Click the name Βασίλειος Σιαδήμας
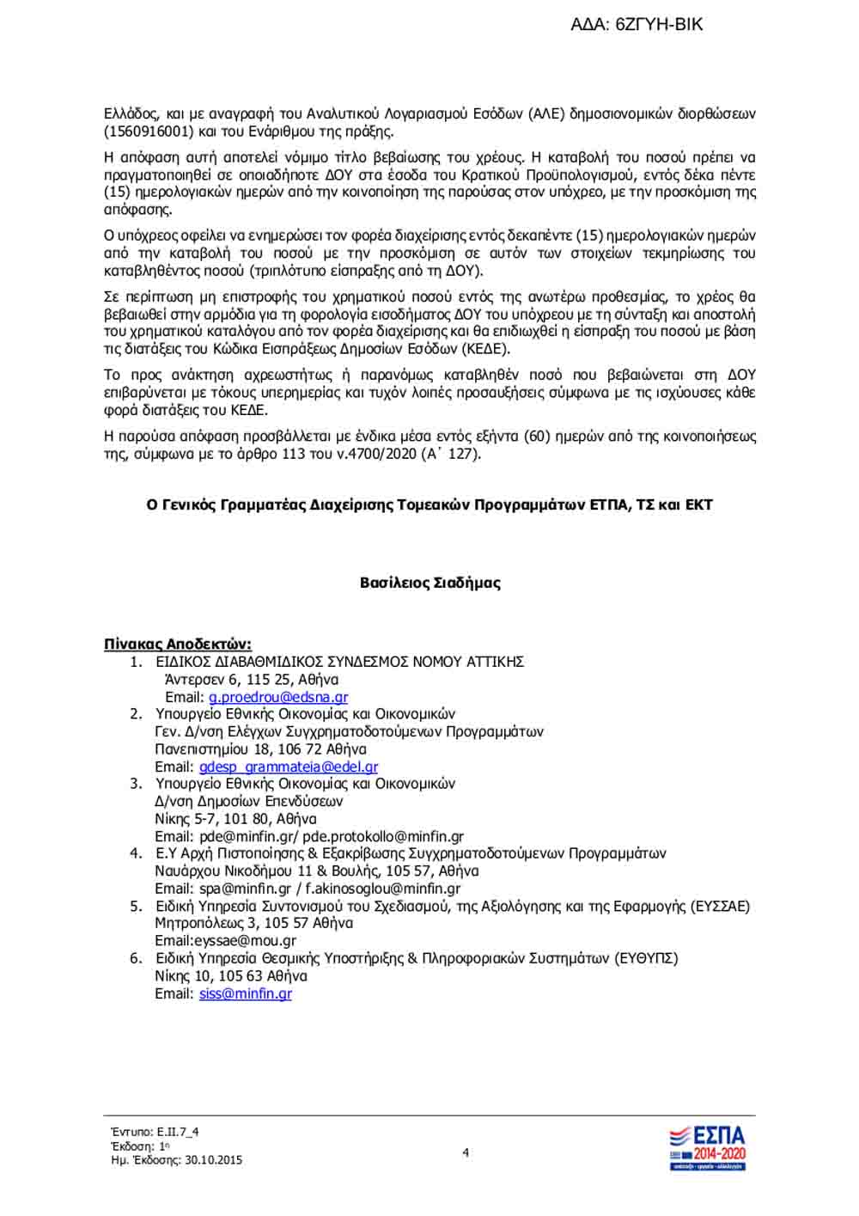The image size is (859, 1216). pyautogui.click(x=429, y=583)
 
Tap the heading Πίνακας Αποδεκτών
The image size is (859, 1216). pyautogui.click(x=177, y=644)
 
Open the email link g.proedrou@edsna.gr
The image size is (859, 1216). pyautogui.click(x=278, y=697)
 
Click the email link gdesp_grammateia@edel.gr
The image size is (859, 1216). pyautogui.click(x=289, y=767)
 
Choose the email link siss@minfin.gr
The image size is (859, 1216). pyautogui.click(x=246, y=993)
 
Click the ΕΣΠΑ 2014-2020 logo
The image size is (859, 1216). pyautogui.click(x=707, y=1148)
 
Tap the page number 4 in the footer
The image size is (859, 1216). pyautogui.click(x=466, y=1152)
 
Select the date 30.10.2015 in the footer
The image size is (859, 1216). pyautogui.click(x=213, y=1160)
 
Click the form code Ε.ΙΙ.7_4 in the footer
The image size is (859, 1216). pyautogui.click(x=178, y=1132)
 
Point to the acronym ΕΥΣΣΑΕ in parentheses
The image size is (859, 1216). pyautogui.click(x=720, y=906)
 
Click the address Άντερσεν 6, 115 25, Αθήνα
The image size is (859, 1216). pyautogui.click(x=252, y=679)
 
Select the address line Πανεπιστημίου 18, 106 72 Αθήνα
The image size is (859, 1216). pyautogui.click(x=260, y=749)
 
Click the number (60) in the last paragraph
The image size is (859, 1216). pyautogui.click(x=537, y=436)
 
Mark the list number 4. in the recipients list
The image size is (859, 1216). pyautogui.click(x=136, y=853)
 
